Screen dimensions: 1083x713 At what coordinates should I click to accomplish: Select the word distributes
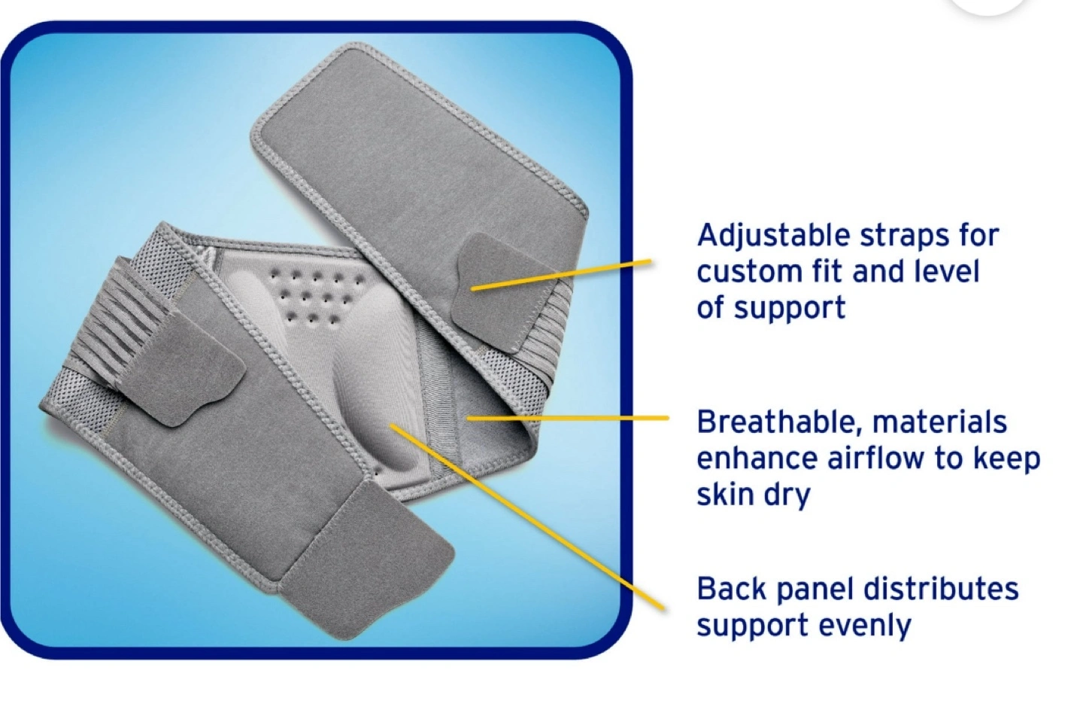(x=941, y=589)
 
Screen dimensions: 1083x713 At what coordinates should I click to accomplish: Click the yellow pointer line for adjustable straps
(x=561, y=275)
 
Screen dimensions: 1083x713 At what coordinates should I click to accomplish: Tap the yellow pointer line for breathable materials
(x=568, y=418)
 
